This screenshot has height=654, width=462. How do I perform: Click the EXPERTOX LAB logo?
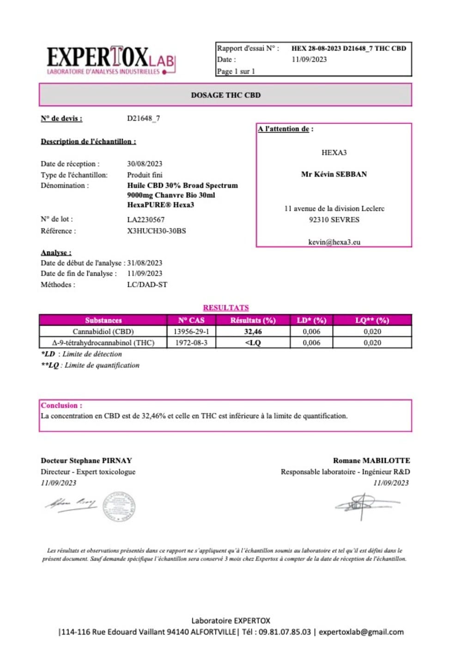click(111, 60)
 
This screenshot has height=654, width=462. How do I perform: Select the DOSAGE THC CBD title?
click(225, 95)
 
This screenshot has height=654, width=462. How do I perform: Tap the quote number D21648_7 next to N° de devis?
click(143, 118)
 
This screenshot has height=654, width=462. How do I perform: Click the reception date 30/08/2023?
click(145, 164)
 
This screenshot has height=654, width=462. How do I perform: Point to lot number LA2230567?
click(146, 220)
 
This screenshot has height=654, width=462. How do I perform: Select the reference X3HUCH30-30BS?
click(156, 231)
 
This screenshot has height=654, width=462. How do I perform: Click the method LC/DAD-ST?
click(147, 285)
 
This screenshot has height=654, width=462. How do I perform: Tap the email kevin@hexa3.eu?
click(334, 242)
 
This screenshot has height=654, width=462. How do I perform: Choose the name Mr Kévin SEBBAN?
click(334, 174)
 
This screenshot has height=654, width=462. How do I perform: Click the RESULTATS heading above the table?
click(225, 308)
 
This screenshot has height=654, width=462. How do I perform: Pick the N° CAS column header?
click(191, 320)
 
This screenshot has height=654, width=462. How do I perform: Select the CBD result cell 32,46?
click(253, 332)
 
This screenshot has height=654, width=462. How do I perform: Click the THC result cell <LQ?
click(253, 343)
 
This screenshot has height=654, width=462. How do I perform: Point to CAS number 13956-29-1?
click(191, 332)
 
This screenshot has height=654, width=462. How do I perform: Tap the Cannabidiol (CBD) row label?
click(103, 332)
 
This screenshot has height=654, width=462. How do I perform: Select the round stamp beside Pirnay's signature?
click(119, 506)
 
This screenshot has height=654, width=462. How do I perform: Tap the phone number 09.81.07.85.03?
click(285, 632)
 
